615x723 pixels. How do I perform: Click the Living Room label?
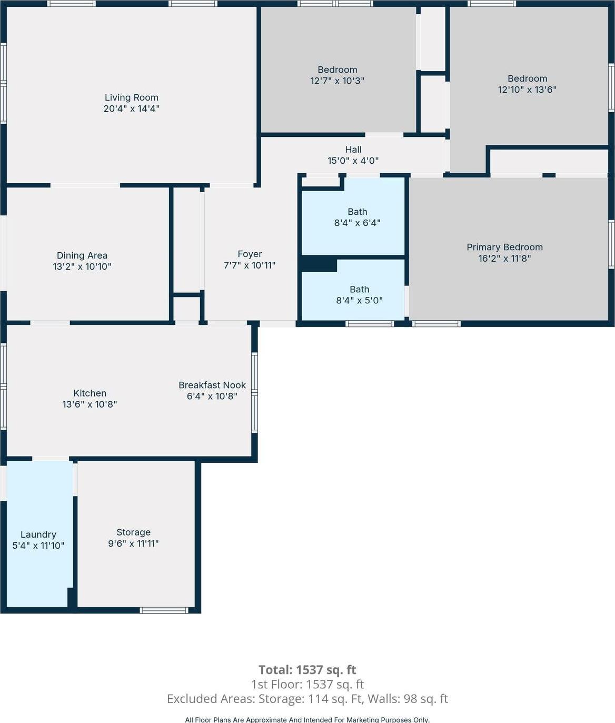click(x=131, y=97)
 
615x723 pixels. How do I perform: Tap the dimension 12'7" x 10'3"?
click(x=337, y=81)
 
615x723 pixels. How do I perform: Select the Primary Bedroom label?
click(x=504, y=247)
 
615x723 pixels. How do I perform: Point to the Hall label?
click(x=353, y=150)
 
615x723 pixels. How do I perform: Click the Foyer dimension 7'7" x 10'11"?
click(x=249, y=265)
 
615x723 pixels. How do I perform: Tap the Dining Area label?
click(x=82, y=255)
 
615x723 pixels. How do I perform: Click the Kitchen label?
click(x=90, y=393)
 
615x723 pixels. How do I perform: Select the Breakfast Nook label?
click(x=212, y=385)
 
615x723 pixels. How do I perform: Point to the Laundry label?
click(x=38, y=534)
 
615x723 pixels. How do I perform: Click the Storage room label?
click(x=133, y=532)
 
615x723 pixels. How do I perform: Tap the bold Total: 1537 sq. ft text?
click(x=307, y=670)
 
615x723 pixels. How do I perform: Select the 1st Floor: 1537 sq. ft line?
click(x=307, y=684)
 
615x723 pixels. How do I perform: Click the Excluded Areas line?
click(x=307, y=699)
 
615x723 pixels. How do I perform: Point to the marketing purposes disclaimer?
click(x=307, y=719)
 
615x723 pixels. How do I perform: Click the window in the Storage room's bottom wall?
click(x=164, y=610)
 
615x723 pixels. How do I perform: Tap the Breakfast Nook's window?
click(x=254, y=392)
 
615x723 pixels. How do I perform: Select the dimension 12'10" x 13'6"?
click(x=527, y=90)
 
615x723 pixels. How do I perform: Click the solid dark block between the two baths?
click(x=319, y=264)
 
